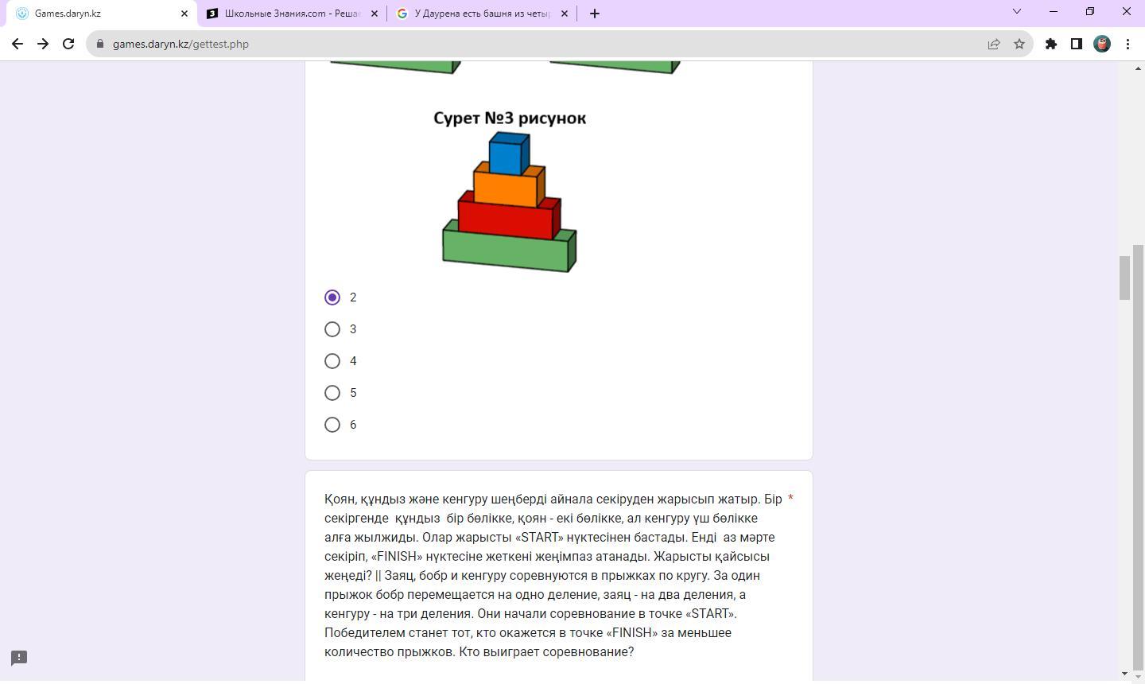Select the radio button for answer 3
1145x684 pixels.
(x=332, y=329)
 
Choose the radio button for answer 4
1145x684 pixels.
(x=332, y=361)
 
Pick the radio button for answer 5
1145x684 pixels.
(x=332, y=393)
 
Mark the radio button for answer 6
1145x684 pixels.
(x=332, y=425)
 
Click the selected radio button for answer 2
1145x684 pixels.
(x=332, y=297)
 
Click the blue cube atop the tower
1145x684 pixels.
(x=509, y=154)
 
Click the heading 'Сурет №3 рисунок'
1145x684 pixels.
(x=510, y=118)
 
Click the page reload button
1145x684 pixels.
(x=68, y=44)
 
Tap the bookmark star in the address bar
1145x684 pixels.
(x=1019, y=44)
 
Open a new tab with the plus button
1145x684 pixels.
(x=594, y=14)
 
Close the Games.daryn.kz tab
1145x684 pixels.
(x=184, y=14)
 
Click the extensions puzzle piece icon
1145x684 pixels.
(x=1051, y=44)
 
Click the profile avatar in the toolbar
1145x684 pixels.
(x=1102, y=44)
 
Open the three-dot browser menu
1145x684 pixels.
(x=1128, y=44)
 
